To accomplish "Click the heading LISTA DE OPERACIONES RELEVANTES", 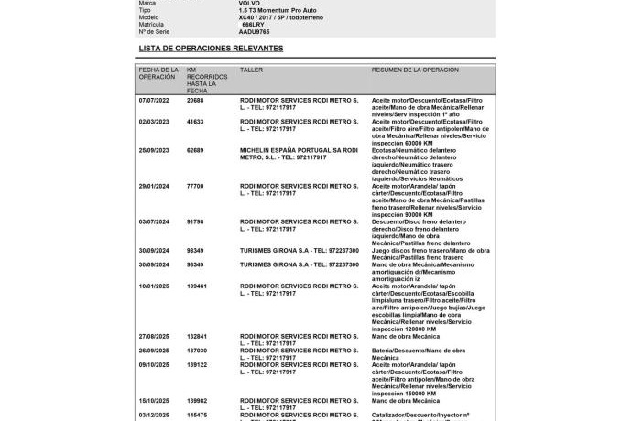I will point(211,48).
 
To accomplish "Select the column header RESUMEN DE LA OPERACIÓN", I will point(415,70).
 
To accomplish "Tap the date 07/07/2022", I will point(155,100).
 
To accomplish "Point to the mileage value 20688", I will point(195,100).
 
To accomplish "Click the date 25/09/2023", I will point(155,150).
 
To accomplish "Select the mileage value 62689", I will point(195,150).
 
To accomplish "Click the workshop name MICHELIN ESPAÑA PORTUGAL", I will point(285,150).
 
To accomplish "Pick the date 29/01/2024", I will point(155,186).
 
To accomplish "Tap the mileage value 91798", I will point(195,221).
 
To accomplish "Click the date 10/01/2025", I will point(155,286).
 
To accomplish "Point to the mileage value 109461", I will point(197,286).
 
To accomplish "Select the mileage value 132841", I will point(197,336).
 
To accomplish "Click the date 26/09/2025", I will point(155,350).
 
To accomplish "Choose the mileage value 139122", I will point(197,364).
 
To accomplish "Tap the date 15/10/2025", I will point(155,400).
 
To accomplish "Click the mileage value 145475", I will point(197,414).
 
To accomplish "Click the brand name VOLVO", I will point(248,4).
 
